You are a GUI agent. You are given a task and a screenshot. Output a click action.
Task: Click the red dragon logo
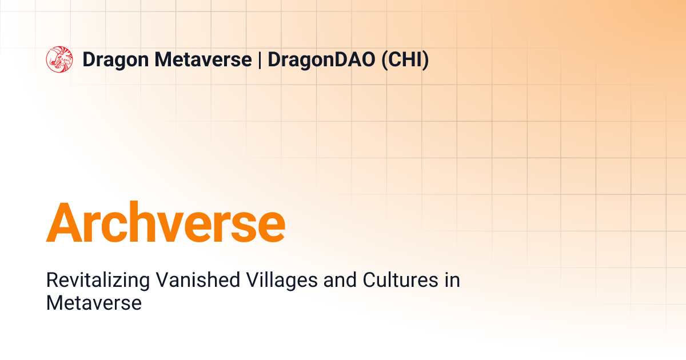click(x=59, y=59)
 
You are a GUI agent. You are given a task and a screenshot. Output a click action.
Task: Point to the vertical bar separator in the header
click(x=260, y=60)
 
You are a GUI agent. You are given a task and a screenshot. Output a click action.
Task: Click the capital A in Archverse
click(x=63, y=222)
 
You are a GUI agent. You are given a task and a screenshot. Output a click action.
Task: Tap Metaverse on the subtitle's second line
click(x=94, y=303)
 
